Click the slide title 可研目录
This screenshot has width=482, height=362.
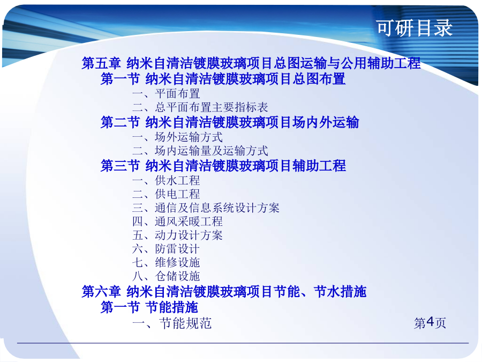(415, 28)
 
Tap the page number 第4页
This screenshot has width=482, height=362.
(430, 323)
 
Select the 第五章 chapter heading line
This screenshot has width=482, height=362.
(251, 63)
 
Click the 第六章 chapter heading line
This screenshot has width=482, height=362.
(224, 292)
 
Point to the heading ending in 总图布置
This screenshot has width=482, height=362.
(223, 78)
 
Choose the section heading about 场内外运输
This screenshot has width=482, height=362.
(230, 122)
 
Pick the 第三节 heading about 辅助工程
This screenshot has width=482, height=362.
(223, 166)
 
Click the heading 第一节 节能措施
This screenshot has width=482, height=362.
(149, 307)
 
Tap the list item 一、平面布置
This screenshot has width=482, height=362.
(166, 93)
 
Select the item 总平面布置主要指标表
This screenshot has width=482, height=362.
(200, 107)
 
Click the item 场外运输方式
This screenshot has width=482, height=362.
(177, 137)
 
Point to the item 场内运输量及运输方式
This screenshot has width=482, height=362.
(200, 151)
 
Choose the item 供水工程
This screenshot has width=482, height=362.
(166, 180)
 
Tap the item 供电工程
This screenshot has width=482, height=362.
(166, 194)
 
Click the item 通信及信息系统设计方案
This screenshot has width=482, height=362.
(206, 208)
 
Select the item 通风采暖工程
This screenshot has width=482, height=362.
(177, 221)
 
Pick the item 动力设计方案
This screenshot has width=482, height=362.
(177, 235)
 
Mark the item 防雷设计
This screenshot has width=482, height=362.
(166, 249)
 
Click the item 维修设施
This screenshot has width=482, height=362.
(166, 262)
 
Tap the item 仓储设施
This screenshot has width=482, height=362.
(166, 276)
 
